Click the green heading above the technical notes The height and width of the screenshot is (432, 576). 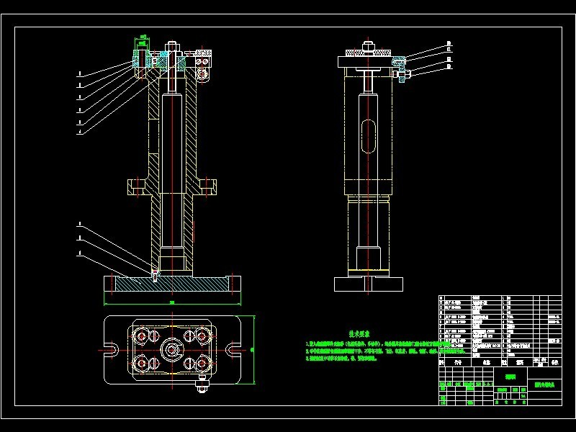click(359, 333)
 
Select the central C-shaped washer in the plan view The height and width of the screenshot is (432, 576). click(173, 351)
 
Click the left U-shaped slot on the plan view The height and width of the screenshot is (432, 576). click(111, 351)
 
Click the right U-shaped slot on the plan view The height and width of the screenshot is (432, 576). click(235, 351)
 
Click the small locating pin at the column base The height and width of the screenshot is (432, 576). click(154, 273)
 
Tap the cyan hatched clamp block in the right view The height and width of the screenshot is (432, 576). click(397, 62)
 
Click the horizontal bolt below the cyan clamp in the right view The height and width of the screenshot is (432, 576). click(401, 73)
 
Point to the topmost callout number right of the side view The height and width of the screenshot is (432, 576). click(449, 43)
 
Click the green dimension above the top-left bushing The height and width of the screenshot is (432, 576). click(143, 36)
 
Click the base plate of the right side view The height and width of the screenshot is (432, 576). click(369, 282)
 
